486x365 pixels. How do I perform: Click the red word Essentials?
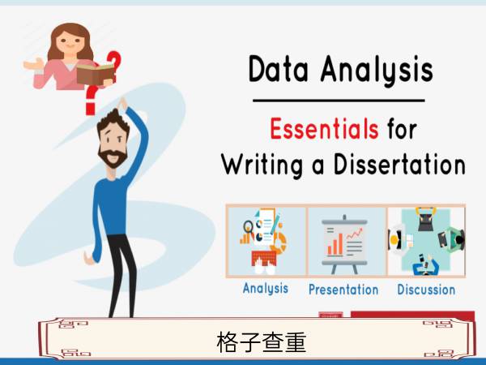324,128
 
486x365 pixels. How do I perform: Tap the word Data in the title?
279,69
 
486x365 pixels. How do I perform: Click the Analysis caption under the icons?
266,288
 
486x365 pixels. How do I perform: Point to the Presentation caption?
343,290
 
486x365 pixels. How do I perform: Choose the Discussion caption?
426,290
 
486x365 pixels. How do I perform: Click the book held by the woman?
96,74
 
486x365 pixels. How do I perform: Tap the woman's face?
70,42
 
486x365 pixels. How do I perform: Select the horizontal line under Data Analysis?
339,101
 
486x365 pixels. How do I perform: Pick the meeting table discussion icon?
427,242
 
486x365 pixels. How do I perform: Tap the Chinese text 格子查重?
262,342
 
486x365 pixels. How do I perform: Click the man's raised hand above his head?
123,104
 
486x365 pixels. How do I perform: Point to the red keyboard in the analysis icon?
264,258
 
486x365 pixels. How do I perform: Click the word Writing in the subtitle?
262,165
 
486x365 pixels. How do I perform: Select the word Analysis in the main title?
377,70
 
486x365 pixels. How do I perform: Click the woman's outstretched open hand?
34,64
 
